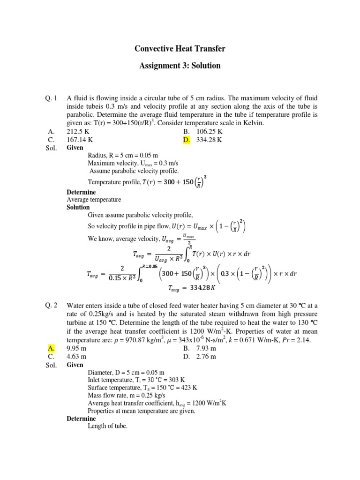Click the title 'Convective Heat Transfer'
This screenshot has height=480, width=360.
click(x=180, y=48)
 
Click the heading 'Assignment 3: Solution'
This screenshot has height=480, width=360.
click(x=180, y=65)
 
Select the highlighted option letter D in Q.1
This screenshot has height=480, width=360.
click(x=187, y=140)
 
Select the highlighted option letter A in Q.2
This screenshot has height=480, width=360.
click(x=51, y=348)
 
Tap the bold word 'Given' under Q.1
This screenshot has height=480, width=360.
click(x=75, y=148)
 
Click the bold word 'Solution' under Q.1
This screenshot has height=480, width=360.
click(x=78, y=207)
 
